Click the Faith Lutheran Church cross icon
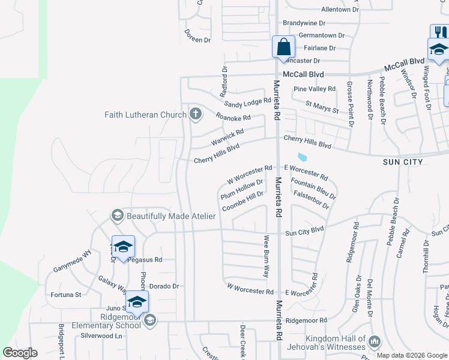point(195,114)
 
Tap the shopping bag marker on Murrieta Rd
point(283,46)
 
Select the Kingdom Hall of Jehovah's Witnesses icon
point(375,341)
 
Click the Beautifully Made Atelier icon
point(117,215)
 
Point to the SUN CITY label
point(403,162)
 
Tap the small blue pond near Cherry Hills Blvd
point(302,158)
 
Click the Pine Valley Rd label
point(315,89)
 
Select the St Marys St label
point(322,107)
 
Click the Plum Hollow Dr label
point(242,189)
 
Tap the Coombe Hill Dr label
point(243,201)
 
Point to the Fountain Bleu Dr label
point(313,188)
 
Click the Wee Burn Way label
point(267,256)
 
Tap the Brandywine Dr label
point(304,23)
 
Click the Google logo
point(20,353)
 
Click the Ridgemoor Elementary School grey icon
point(150,320)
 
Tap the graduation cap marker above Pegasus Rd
point(123,247)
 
